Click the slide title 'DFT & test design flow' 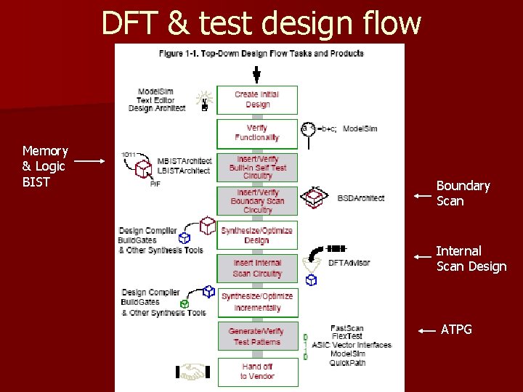click(261, 23)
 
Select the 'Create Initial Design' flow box click(257, 99)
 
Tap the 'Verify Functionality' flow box click(257, 133)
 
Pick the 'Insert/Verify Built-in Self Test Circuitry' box click(257, 167)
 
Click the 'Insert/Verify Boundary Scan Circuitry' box click(257, 201)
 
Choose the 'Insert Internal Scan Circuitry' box click(257, 268)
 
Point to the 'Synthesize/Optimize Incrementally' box click(257, 302)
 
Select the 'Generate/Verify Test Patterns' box click(256, 336)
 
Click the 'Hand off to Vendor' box click(257, 371)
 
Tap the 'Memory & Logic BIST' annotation click(45, 166)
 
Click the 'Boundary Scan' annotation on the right click(463, 193)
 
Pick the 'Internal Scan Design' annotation click(471, 258)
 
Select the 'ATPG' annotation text click(456, 330)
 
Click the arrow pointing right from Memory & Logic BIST click(92, 160)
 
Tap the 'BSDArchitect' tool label click(361, 198)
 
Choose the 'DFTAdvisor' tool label click(349, 263)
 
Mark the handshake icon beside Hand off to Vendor click(192, 372)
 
